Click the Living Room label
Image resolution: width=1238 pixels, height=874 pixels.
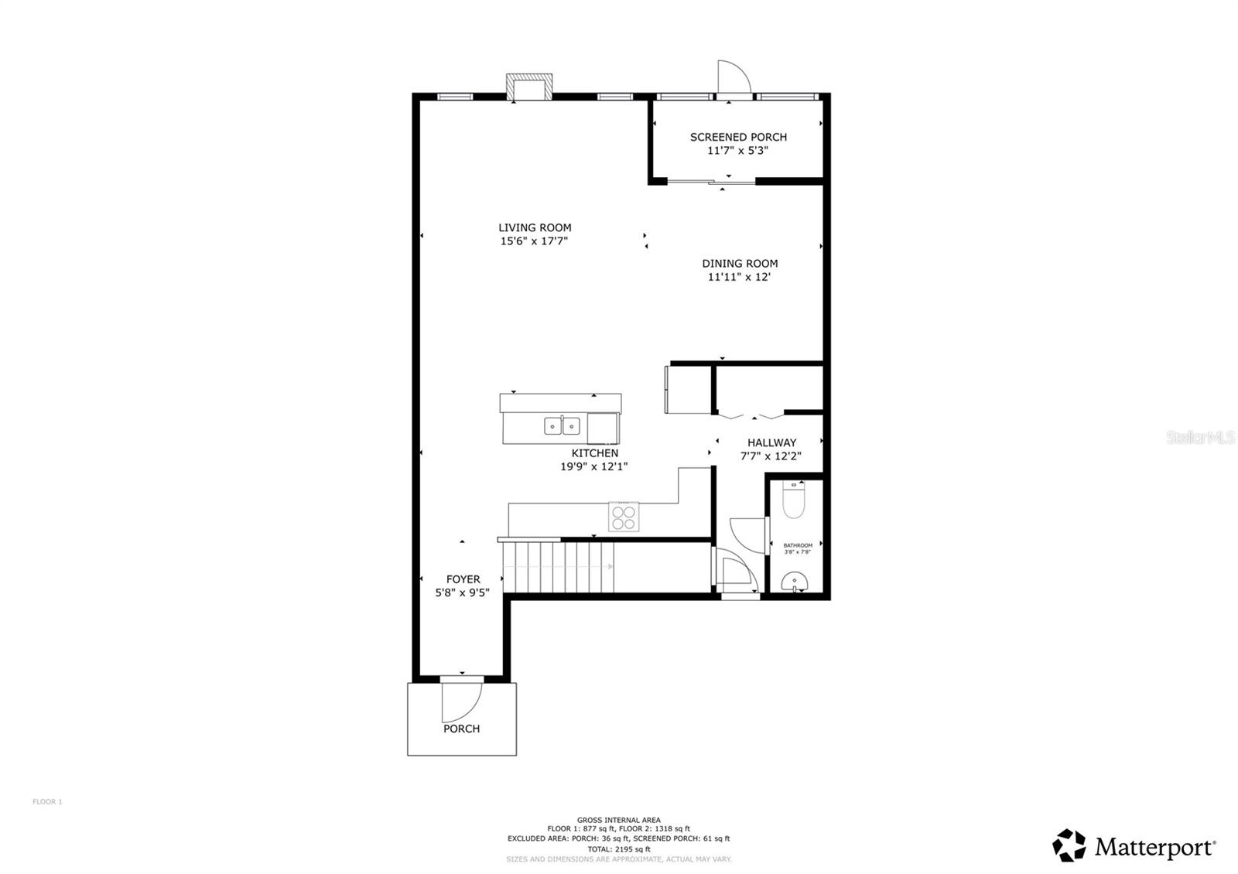click(x=535, y=227)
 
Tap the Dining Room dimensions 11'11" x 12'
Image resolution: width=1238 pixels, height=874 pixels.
click(x=739, y=277)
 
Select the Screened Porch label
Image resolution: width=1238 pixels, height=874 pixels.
click(x=738, y=137)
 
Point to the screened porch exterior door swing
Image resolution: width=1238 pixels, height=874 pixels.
click(x=733, y=77)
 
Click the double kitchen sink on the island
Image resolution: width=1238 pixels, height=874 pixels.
click(x=563, y=425)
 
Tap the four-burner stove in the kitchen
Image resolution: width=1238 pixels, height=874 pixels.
click(x=624, y=517)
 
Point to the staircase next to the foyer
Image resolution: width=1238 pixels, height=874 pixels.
click(x=559, y=567)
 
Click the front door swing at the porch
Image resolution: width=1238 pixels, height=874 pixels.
click(x=460, y=700)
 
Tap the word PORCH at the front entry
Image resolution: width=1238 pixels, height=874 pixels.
click(x=461, y=729)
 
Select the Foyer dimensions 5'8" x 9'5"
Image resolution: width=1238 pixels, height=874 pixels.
click(x=463, y=593)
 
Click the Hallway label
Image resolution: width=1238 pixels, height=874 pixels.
click(x=771, y=442)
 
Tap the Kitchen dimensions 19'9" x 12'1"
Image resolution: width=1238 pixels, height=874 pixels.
click(x=594, y=466)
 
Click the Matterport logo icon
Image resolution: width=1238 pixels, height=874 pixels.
click(x=1069, y=845)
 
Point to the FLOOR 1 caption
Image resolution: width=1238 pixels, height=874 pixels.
click(x=47, y=802)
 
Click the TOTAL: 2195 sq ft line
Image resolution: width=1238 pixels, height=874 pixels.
click(x=618, y=849)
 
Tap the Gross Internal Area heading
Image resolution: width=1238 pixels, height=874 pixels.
click(x=618, y=820)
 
